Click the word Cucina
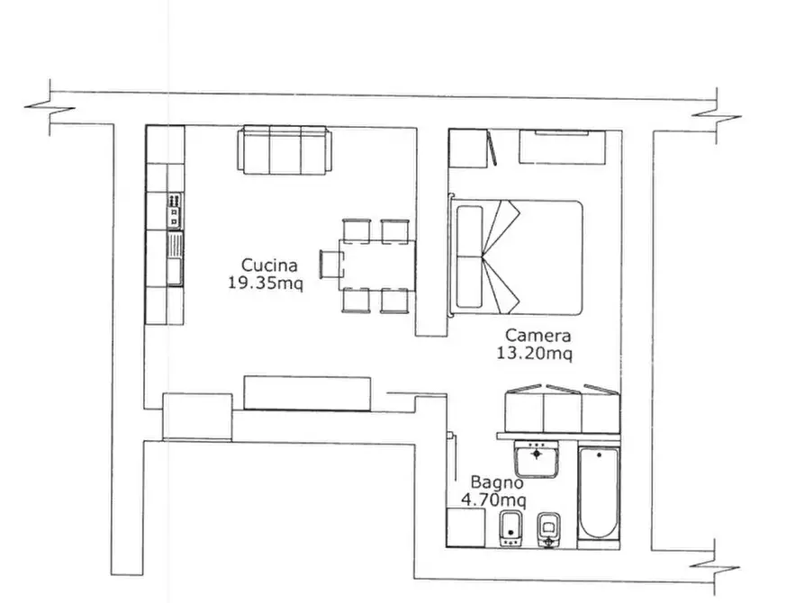pyautogui.click(x=269, y=265)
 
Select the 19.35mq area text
pyautogui.click(x=266, y=283)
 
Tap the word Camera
pyautogui.click(x=538, y=336)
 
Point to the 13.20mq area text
pyautogui.click(x=534, y=354)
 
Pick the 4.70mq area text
pyautogui.click(x=493, y=499)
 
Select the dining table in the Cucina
pyautogui.click(x=377, y=265)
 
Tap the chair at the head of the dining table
pyautogui.click(x=331, y=265)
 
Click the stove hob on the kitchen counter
pyautogui.click(x=175, y=211)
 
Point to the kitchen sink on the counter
pyautogui.click(x=175, y=258)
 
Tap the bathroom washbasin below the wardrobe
pyautogui.click(x=537, y=458)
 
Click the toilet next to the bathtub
pyautogui.click(x=548, y=530)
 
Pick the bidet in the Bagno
pyautogui.click(x=510, y=528)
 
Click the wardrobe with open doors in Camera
pyautogui.click(x=562, y=409)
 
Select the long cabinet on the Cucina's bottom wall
pyautogui.click(x=307, y=393)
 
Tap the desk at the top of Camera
pyautogui.click(x=563, y=148)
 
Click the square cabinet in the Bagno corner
pyautogui.click(x=465, y=527)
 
